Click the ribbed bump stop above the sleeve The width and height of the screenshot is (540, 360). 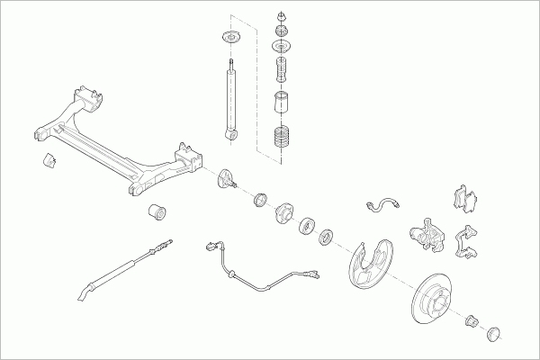[285, 70]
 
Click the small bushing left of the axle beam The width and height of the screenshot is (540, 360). [49, 161]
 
